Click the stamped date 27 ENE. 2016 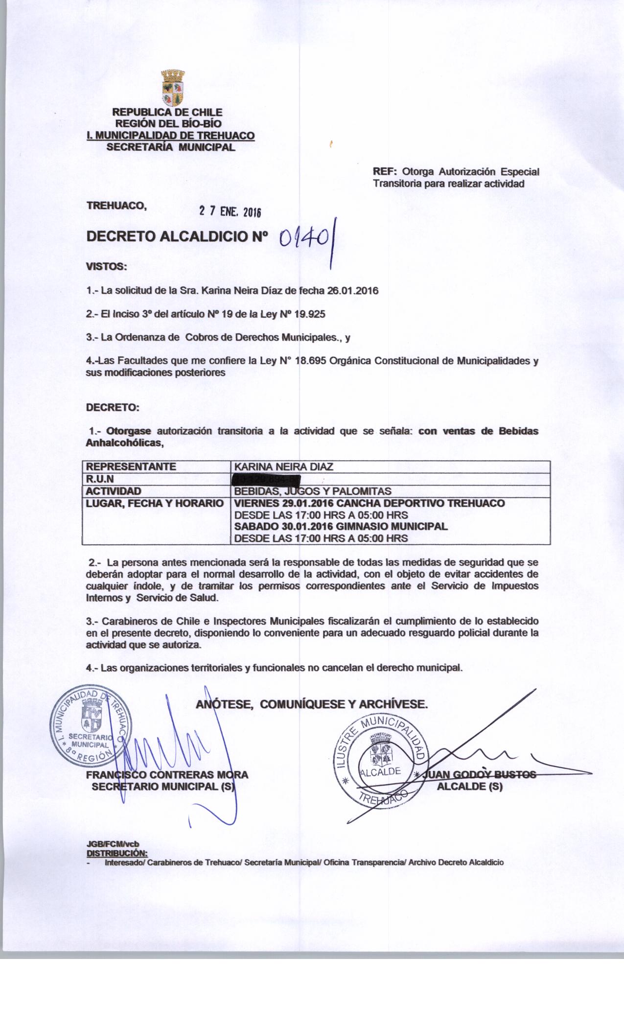click(230, 211)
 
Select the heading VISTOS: click(106, 267)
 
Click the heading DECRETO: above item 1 click(113, 407)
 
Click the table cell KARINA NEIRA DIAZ click(284, 467)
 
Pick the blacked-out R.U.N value click(267, 479)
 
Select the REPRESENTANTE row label click(131, 467)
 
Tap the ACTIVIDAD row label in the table click(114, 491)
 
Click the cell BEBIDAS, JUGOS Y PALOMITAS click(313, 491)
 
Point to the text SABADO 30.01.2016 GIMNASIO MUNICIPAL click(341, 527)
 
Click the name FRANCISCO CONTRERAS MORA click(167, 775)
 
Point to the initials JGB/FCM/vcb click(113, 844)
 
